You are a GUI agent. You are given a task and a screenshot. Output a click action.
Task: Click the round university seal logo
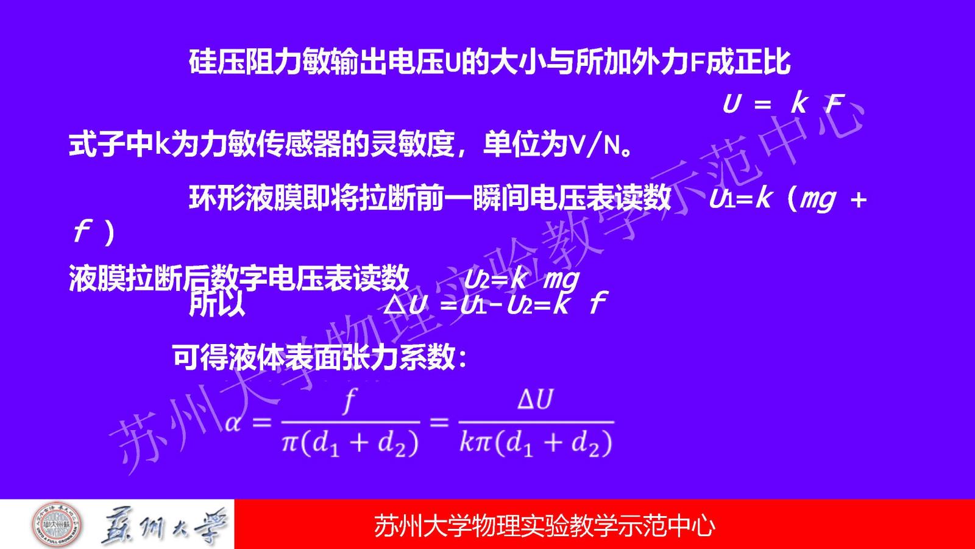coord(57,525)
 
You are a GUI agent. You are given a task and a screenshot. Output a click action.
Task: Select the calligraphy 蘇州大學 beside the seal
coord(164,526)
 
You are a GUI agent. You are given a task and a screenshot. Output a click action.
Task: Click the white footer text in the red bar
coord(544,525)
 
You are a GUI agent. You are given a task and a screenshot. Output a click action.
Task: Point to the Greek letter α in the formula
coord(233,423)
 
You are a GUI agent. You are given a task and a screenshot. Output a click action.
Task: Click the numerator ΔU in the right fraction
coord(536,399)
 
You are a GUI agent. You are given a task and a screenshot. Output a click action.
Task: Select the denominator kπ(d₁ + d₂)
coord(536,444)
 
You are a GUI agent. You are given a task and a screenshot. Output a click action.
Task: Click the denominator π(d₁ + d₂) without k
coord(350,444)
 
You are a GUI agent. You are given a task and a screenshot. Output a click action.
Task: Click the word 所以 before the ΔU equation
coord(217,304)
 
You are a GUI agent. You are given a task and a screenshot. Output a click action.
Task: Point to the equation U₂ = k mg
coord(521,280)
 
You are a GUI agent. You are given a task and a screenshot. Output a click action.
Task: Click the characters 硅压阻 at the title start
coord(231,62)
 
